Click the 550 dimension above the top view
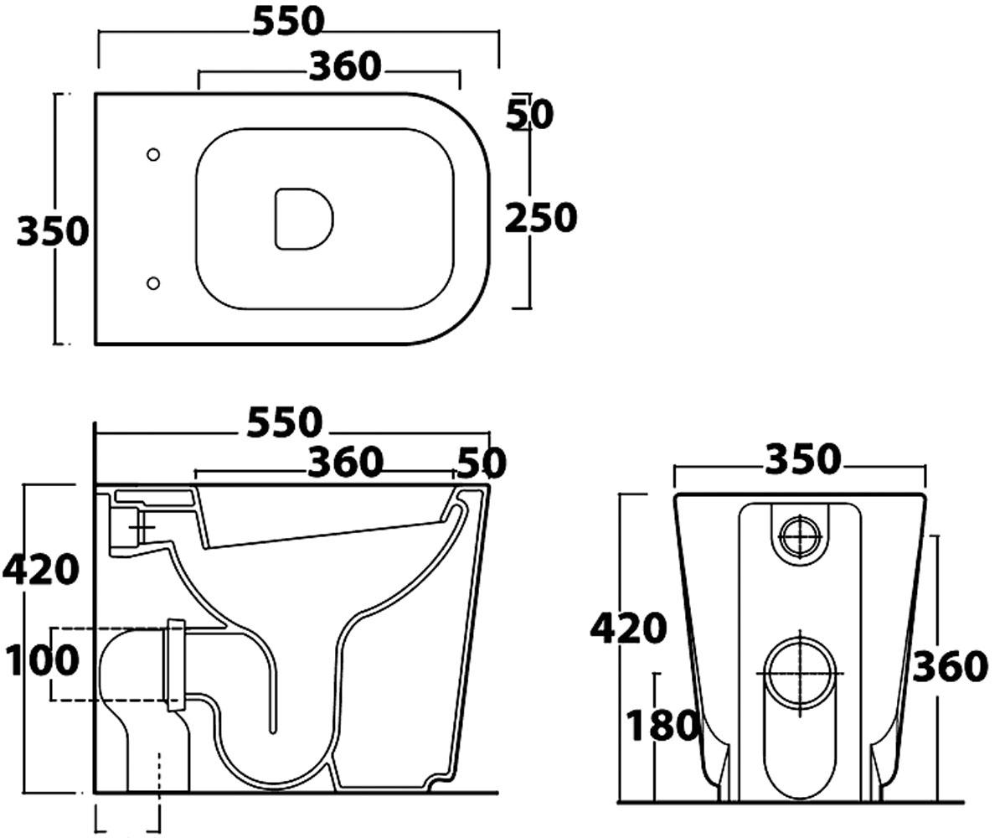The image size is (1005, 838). click(289, 22)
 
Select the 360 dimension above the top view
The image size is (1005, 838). click(345, 66)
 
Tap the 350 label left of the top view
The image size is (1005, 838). click(53, 231)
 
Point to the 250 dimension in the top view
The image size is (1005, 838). click(541, 218)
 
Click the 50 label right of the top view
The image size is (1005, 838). click(530, 115)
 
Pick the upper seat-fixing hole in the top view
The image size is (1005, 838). click(153, 154)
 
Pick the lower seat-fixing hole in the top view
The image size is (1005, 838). click(153, 283)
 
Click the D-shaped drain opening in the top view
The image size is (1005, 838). click(304, 219)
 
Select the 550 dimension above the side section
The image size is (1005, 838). click(285, 422)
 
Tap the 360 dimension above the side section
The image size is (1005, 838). click(346, 462)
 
